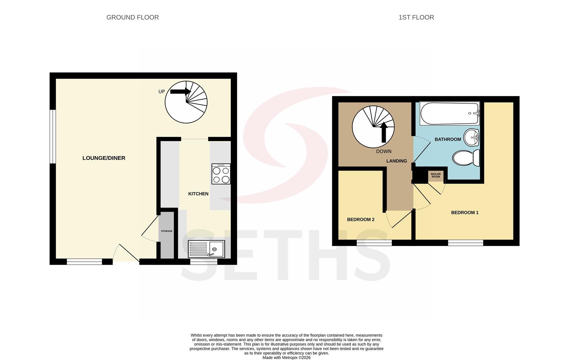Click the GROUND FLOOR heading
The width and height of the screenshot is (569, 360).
tap(132, 17)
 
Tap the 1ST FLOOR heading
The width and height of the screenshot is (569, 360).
tap(416, 17)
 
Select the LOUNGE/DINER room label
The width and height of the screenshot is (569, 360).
tap(104, 158)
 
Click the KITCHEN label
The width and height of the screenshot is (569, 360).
tap(198, 194)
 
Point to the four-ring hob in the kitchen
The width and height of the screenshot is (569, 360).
tap(221, 174)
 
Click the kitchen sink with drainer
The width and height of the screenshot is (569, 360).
tap(206, 249)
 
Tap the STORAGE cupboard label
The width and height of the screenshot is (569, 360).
tap(167, 231)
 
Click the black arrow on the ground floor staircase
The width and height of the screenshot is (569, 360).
tap(181, 91)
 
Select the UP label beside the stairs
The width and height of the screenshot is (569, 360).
tap(161, 92)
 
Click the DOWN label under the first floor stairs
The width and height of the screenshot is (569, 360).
tap(384, 151)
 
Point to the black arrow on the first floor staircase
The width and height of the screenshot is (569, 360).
tap(384, 132)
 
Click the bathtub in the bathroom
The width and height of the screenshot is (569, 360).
tap(449, 113)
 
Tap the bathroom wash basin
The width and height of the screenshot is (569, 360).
tap(472, 137)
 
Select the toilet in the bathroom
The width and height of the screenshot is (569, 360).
tap(466, 158)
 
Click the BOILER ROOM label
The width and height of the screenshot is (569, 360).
tap(436, 175)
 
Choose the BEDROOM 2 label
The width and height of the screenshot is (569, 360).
tap(361, 219)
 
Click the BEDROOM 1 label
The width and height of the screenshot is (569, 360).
tap(465, 212)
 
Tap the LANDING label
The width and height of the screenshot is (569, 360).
tap(397, 161)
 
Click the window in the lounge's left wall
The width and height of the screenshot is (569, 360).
tap(53, 137)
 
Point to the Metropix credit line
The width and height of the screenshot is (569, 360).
tap(286, 357)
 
